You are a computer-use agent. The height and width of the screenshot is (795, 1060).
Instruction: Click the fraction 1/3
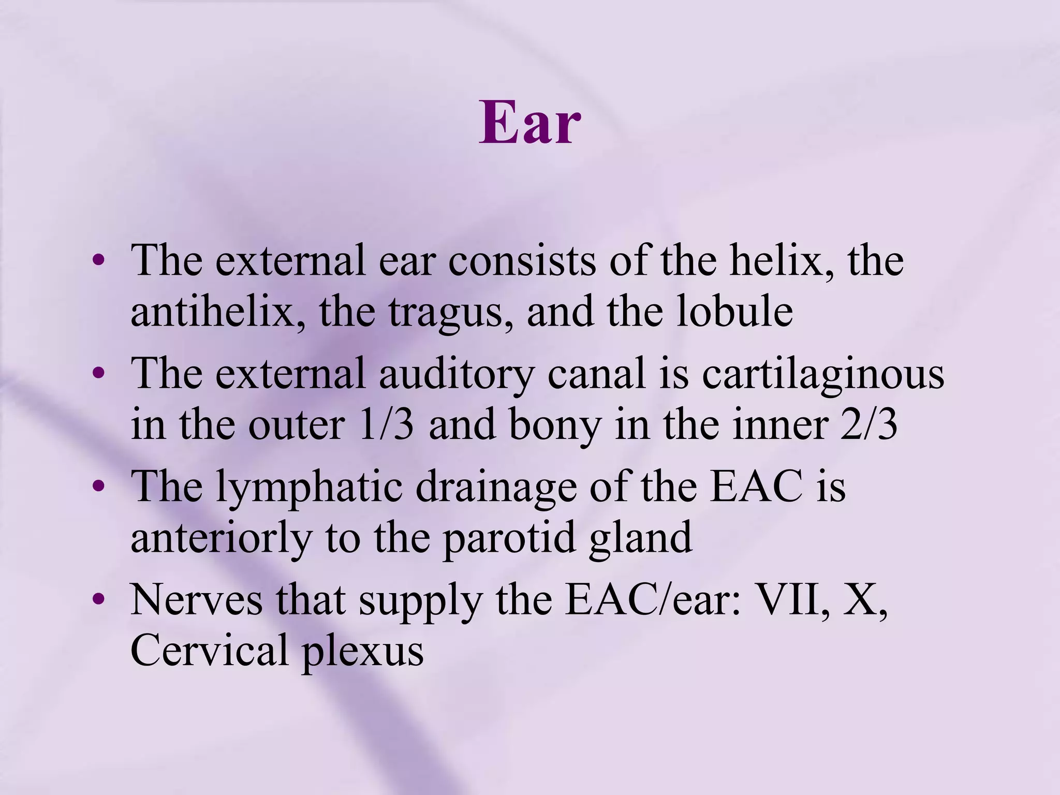[386, 425]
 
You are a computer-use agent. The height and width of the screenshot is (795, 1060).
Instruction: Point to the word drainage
[496, 488]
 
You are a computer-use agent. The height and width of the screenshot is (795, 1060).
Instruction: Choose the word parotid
[509, 538]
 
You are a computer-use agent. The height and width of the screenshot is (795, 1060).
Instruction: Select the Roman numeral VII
[787, 600]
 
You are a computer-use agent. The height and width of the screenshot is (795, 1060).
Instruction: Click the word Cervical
[209, 651]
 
